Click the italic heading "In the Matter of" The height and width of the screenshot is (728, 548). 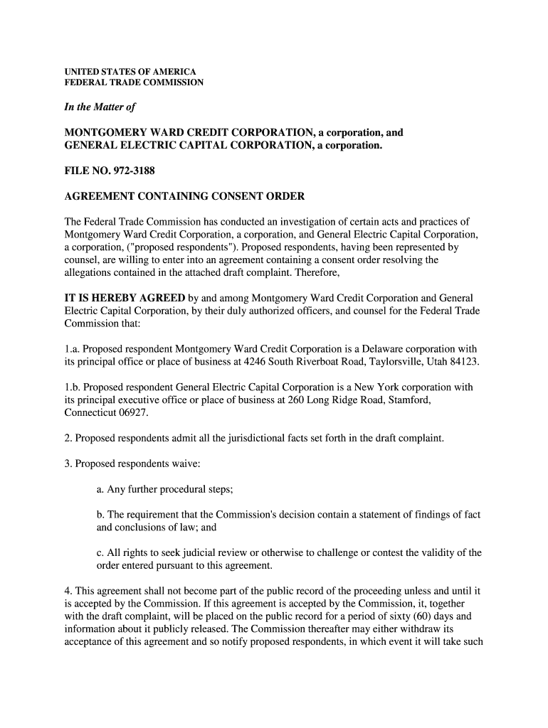point(100,107)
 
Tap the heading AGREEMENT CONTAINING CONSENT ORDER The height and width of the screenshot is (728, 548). point(184,196)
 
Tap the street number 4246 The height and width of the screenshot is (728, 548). point(257,362)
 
